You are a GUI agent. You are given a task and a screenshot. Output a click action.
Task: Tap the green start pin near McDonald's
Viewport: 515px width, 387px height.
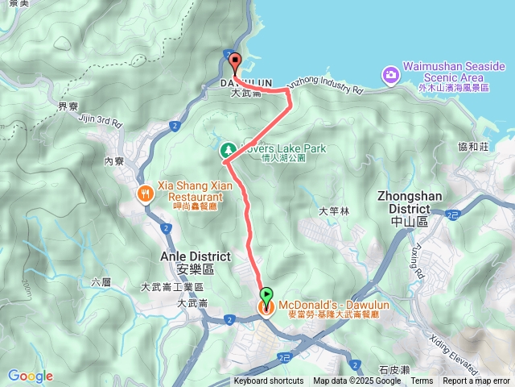(266, 295)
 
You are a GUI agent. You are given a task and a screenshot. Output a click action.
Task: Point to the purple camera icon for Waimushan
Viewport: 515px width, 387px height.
(390, 75)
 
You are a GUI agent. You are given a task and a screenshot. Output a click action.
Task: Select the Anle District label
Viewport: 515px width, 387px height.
(196, 256)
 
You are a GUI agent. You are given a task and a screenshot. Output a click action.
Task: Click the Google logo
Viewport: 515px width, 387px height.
(30, 376)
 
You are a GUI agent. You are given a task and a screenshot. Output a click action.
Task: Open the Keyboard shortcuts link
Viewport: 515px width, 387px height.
(269, 381)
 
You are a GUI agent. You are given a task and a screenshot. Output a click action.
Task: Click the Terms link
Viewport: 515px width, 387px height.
(422, 381)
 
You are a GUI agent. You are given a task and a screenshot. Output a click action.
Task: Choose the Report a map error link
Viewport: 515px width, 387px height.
(476, 381)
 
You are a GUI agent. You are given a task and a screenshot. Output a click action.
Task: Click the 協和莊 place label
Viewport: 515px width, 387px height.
(472, 146)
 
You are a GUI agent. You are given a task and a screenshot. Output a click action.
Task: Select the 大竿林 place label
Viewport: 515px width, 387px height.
(335, 211)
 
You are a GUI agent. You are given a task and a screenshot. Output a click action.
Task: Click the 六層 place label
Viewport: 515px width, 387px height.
(101, 281)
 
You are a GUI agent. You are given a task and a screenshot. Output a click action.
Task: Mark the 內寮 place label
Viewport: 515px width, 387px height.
(114, 161)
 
